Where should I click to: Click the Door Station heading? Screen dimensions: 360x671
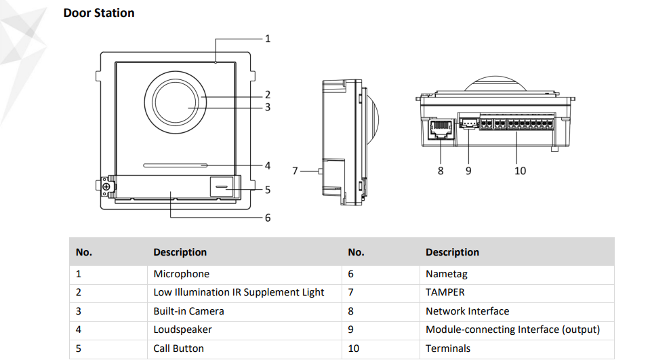tap(99, 13)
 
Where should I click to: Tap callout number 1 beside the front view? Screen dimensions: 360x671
tap(268, 39)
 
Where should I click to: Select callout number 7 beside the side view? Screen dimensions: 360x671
tap(295, 171)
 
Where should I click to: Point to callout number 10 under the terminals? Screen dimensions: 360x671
tap(520, 171)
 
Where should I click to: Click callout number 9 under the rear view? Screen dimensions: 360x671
tap(468, 171)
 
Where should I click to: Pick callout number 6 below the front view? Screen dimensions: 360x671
tap(268, 218)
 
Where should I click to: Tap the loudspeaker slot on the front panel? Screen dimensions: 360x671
tap(174, 165)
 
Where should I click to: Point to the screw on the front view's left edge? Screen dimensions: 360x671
tap(106, 185)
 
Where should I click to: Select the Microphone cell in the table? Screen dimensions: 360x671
tap(181, 274)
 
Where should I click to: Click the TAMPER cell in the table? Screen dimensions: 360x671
tap(445, 293)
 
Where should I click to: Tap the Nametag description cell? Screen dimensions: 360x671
tap(447, 274)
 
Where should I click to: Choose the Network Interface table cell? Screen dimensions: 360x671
tap(467, 311)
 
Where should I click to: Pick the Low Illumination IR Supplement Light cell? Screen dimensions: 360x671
tap(239, 293)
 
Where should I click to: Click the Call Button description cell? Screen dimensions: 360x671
tap(178, 348)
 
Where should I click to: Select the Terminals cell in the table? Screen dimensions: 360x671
tap(447, 348)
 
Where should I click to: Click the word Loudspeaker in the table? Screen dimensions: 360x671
tap(182, 329)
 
